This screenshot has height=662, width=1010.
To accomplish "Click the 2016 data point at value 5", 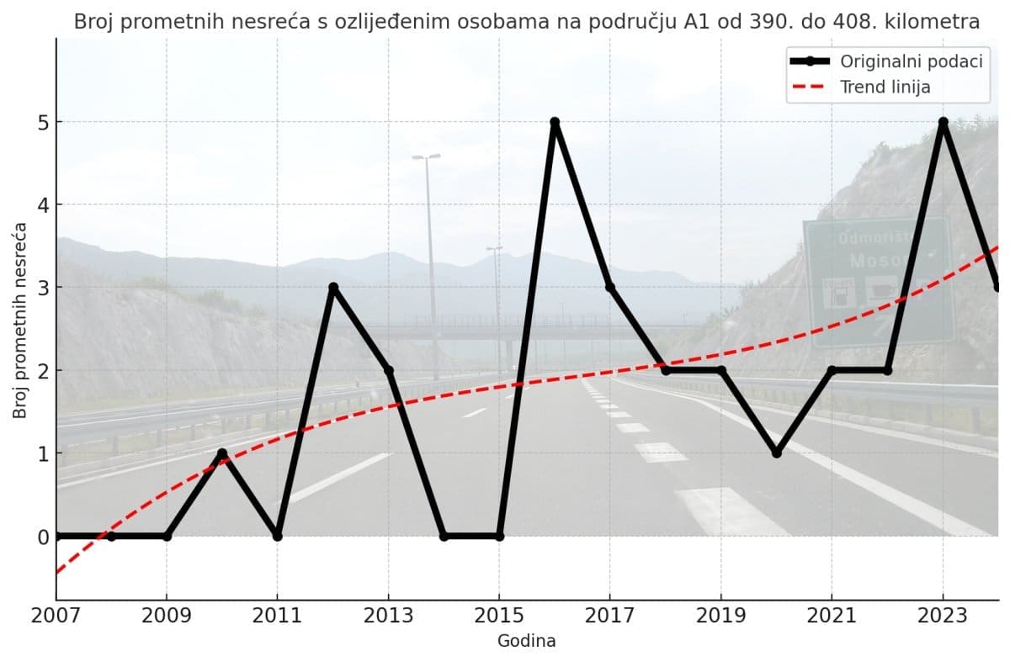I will (x=555, y=122).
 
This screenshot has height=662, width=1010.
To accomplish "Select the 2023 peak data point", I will (x=944, y=122).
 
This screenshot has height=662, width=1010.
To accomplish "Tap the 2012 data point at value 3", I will (x=333, y=288).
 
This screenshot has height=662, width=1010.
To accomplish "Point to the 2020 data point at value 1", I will (x=776, y=453).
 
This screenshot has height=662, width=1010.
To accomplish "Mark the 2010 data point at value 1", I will (x=222, y=453).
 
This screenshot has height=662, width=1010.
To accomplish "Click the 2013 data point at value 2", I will (x=389, y=370).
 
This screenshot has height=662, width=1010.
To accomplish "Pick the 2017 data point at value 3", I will (x=610, y=288).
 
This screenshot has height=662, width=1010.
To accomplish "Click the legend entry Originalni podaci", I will (x=912, y=61).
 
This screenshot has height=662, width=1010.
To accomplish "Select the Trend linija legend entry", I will (x=885, y=87).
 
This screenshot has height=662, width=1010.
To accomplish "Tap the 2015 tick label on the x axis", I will (x=499, y=617).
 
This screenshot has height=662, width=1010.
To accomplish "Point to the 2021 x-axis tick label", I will (x=832, y=617).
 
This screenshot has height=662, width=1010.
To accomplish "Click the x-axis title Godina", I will (x=526, y=642).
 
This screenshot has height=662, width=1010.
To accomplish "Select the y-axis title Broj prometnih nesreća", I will (x=20, y=320).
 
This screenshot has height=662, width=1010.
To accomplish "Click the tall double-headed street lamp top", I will (x=426, y=157).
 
